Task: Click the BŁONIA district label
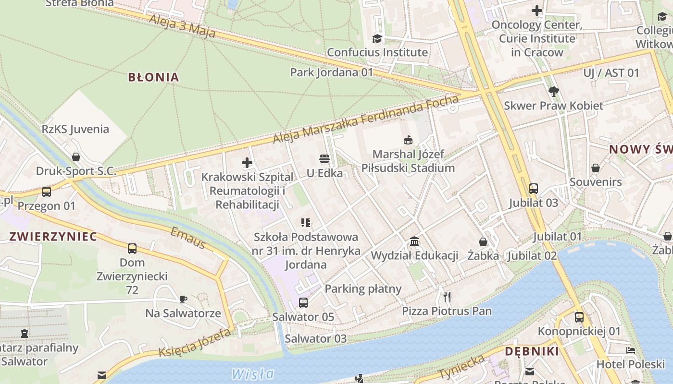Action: [x=153, y=77]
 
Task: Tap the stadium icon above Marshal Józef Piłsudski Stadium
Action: [x=408, y=140]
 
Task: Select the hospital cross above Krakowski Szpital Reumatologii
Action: [x=247, y=163]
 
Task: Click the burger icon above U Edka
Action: [x=324, y=159]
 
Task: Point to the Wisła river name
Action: [x=253, y=374]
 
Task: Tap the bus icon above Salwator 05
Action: [x=303, y=303]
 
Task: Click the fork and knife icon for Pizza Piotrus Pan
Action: [x=447, y=297]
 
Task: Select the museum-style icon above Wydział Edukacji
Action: [x=414, y=241]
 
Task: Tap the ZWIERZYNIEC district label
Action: [x=53, y=236]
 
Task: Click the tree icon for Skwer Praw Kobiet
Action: [x=553, y=91]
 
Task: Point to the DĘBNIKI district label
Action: [x=532, y=351]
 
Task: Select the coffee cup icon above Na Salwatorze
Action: [x=183, y=300]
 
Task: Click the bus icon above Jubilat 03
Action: [x=533, y=189]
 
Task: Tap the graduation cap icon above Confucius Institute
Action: [x=377, y=38]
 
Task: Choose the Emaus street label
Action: [x=188, y=238]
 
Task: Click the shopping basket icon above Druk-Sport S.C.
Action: [x=76, y=157]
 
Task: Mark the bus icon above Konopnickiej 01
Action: [x=579, y=317]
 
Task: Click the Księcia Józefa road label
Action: [x=195, y=343]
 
